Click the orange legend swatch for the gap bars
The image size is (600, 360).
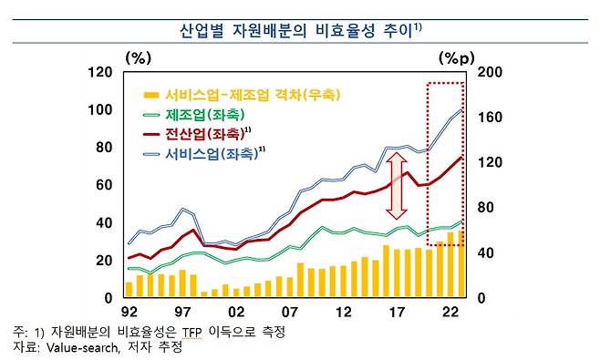(150, 95)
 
